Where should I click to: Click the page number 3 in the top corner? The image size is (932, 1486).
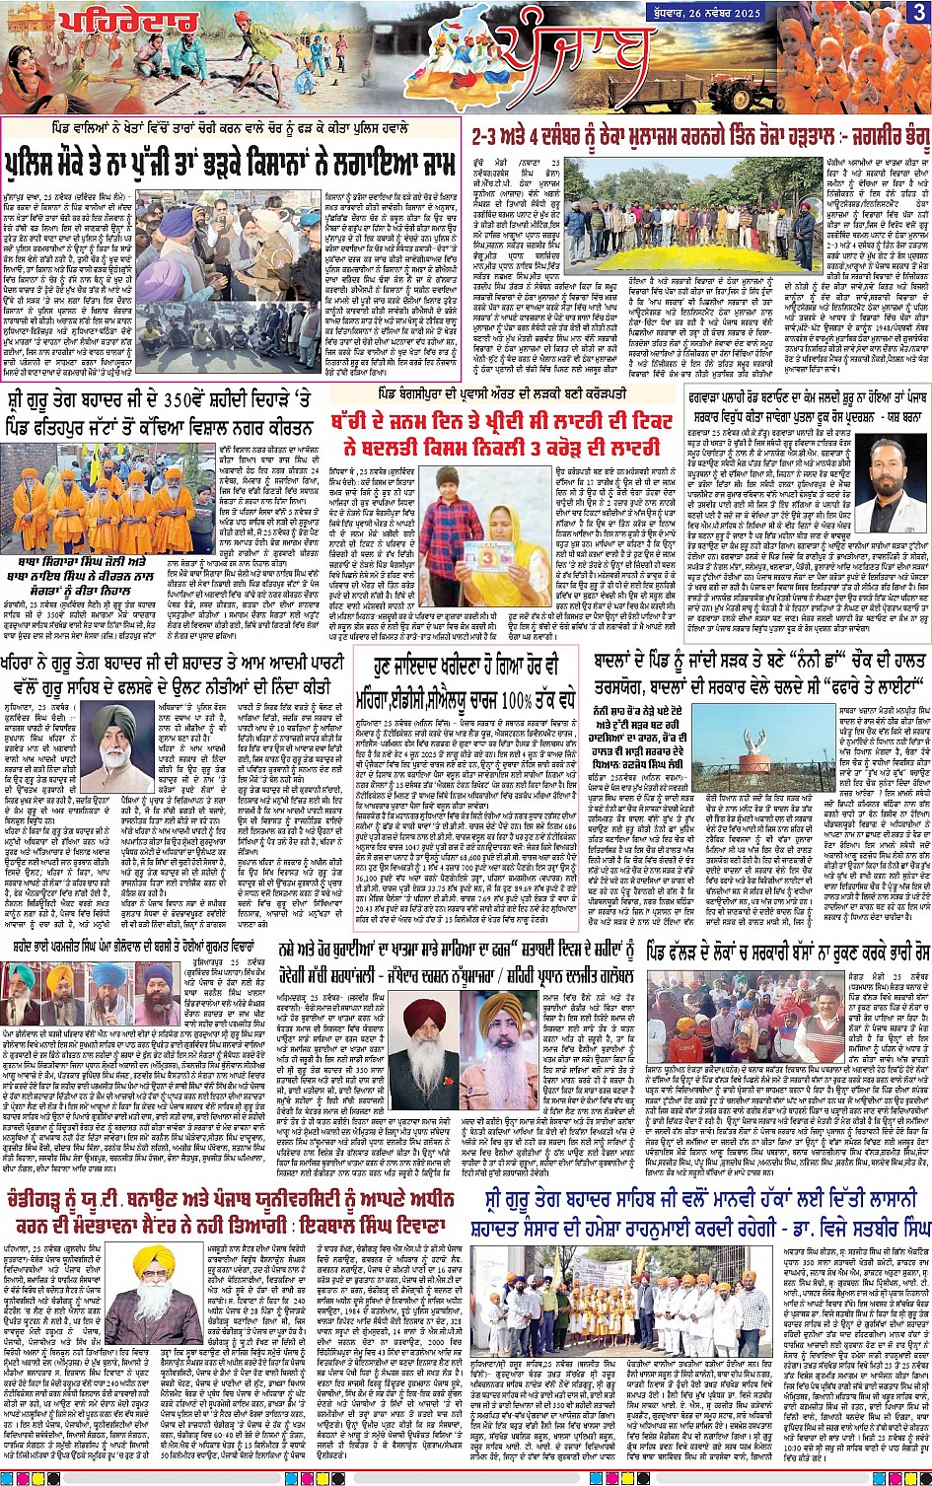[918, 12]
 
